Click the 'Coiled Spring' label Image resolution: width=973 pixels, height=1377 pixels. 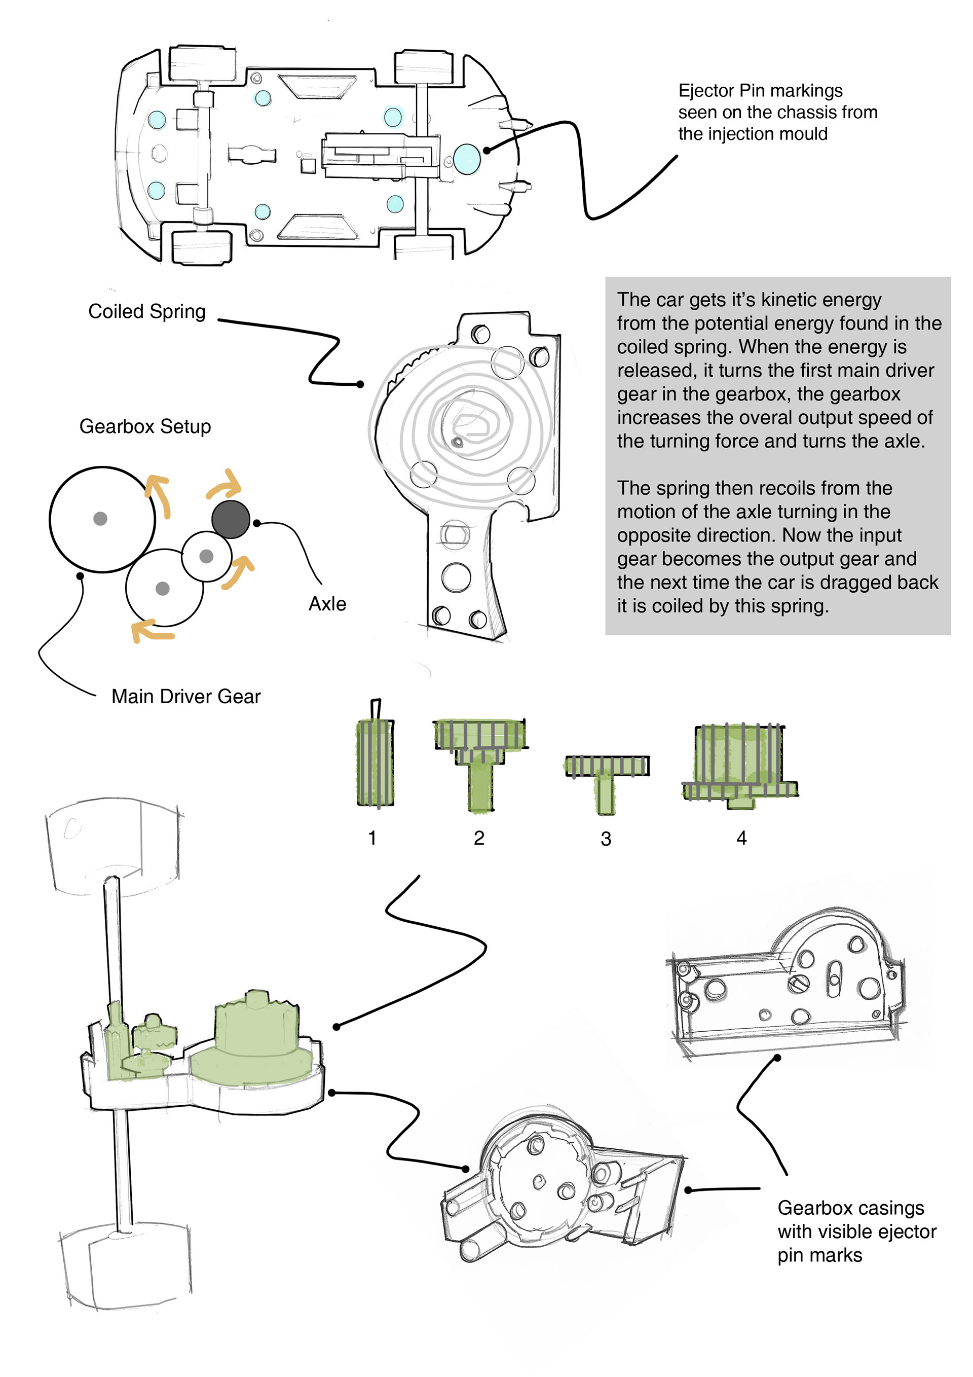tap(146, 312)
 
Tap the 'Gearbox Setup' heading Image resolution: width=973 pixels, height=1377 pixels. tap(145, 426)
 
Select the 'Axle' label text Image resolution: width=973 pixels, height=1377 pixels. tap(327, 603)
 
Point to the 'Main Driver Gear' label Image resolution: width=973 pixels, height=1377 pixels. tap(186, 696)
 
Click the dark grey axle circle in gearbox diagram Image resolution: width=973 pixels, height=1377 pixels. tap(231, 519)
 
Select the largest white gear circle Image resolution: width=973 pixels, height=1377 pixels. tap(101, 519)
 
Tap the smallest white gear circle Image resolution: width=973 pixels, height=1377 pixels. tap(206, 557)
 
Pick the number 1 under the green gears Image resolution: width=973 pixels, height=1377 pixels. tap(372, 838)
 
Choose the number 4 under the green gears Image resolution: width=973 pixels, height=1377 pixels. tap(741, 838)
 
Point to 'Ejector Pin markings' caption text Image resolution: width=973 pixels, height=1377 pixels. tap(760, 91)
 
